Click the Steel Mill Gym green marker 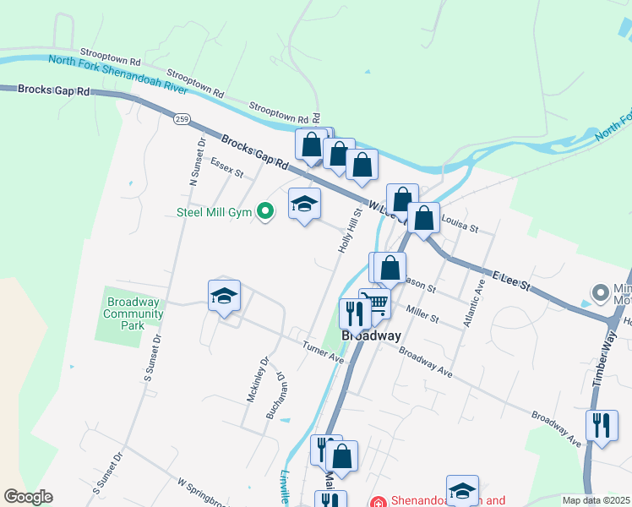point(265,211)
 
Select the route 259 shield point(182,119)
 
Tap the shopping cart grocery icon point(377,302)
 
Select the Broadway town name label point(371,335)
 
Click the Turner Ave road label point(324,352)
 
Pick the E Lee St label point(509,281)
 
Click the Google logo point(28,497)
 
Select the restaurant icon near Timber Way point(601,424)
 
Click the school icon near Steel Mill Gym point(305,204)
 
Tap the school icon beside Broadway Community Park point(224,295)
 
